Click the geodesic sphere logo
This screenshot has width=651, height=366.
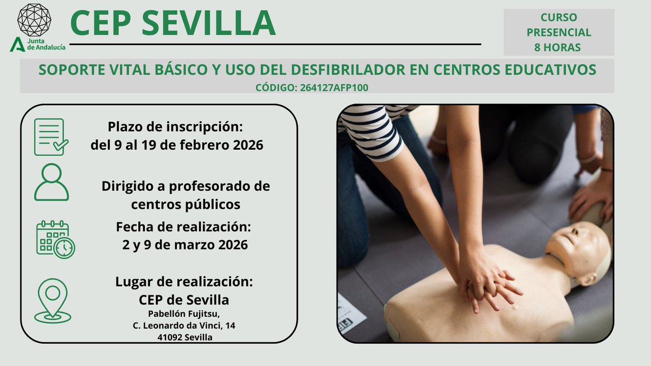34,20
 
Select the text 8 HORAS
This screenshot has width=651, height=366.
558,47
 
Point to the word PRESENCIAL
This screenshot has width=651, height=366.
559,33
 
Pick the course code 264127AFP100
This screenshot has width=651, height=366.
334,87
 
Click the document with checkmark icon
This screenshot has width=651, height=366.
51,137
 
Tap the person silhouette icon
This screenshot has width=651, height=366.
52,183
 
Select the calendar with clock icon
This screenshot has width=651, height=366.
55,240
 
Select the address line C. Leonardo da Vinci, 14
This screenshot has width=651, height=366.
184,325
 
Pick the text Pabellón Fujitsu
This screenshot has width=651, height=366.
184,313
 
